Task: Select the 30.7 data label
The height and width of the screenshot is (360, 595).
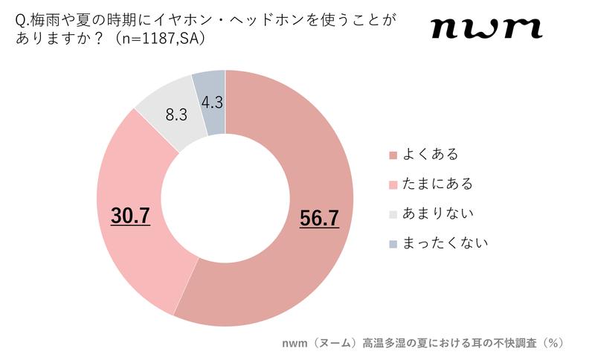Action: coord(130,215)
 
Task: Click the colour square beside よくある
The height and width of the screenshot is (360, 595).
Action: coord(392,155)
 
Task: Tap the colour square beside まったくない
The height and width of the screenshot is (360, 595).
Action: coord(392,243)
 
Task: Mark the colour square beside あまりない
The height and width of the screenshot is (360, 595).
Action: coord(392,213)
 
